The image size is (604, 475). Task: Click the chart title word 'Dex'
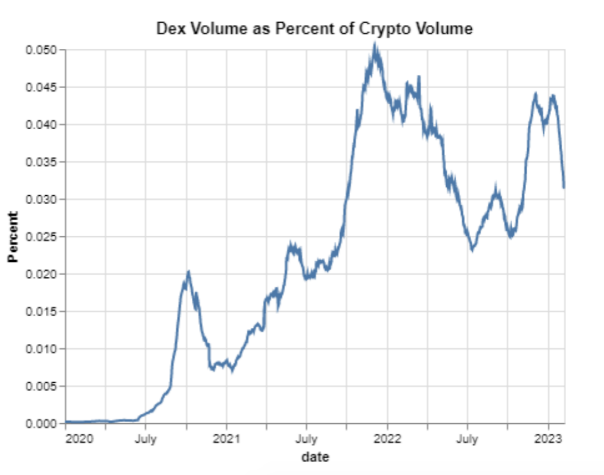(x=170, y=28)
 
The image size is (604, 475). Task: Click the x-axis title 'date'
(x=315, y=457)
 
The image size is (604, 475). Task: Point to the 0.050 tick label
(x=41, y=50)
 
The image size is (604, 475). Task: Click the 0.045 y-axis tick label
(x=41, y=87)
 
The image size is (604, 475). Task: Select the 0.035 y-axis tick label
(x=41, y=162)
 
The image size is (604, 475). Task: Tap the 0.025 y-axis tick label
(x=41, y=237)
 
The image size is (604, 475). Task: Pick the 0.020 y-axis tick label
(x=41, y=274)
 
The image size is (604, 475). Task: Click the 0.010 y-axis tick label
(x=41, y=349)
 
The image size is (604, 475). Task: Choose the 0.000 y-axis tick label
(x=41, y=423)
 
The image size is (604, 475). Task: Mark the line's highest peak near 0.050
(x=374, y=44)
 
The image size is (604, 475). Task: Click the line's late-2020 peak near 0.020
(x=188, y=272)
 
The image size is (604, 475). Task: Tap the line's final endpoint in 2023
(x=563, y=187)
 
